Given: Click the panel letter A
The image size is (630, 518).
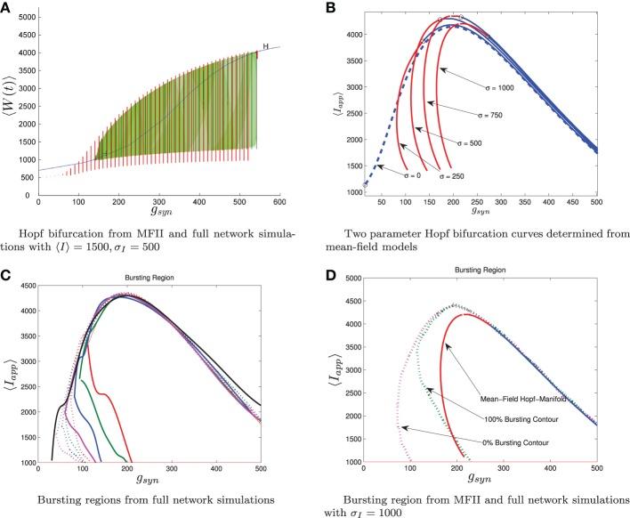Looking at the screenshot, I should tap(7, 7).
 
